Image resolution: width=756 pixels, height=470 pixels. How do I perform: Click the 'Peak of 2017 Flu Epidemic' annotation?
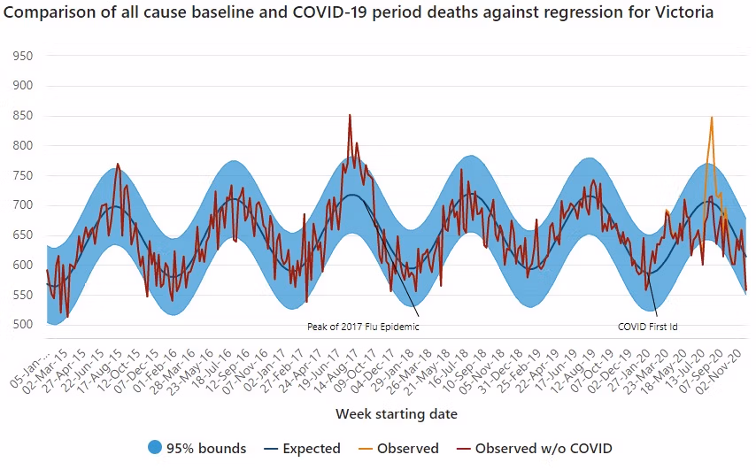(x=363, y=327)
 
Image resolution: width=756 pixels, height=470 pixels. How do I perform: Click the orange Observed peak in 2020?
(x=711, y=118)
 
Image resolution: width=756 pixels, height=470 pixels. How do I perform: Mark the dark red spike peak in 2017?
(x=350, y=115)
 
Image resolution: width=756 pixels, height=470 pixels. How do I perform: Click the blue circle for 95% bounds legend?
(x=155, y=448)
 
